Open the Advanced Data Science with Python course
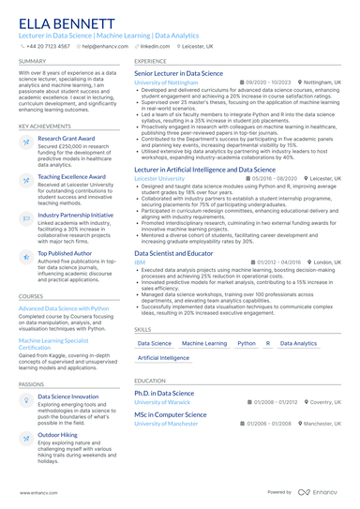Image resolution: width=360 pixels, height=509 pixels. coord(64,307)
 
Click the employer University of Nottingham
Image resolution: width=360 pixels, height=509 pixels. coord(166,82)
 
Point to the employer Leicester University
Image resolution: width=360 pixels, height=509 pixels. coord(160,151)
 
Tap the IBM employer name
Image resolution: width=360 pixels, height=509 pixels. coord(141,262)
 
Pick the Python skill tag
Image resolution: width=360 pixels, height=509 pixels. coord(247,344)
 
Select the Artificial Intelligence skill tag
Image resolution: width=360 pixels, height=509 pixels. coord(163,358)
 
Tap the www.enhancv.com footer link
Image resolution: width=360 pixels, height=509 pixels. coord(32,491)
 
